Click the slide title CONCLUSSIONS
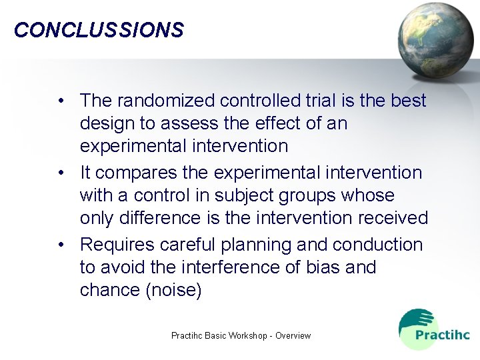tap(99, 30)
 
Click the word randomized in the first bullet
tap(166, 101)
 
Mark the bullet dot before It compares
tap(61, 173)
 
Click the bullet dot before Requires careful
tap(61, 245)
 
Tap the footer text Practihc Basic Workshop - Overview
tap(241, 335)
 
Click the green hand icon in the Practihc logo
tap(414, 319)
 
